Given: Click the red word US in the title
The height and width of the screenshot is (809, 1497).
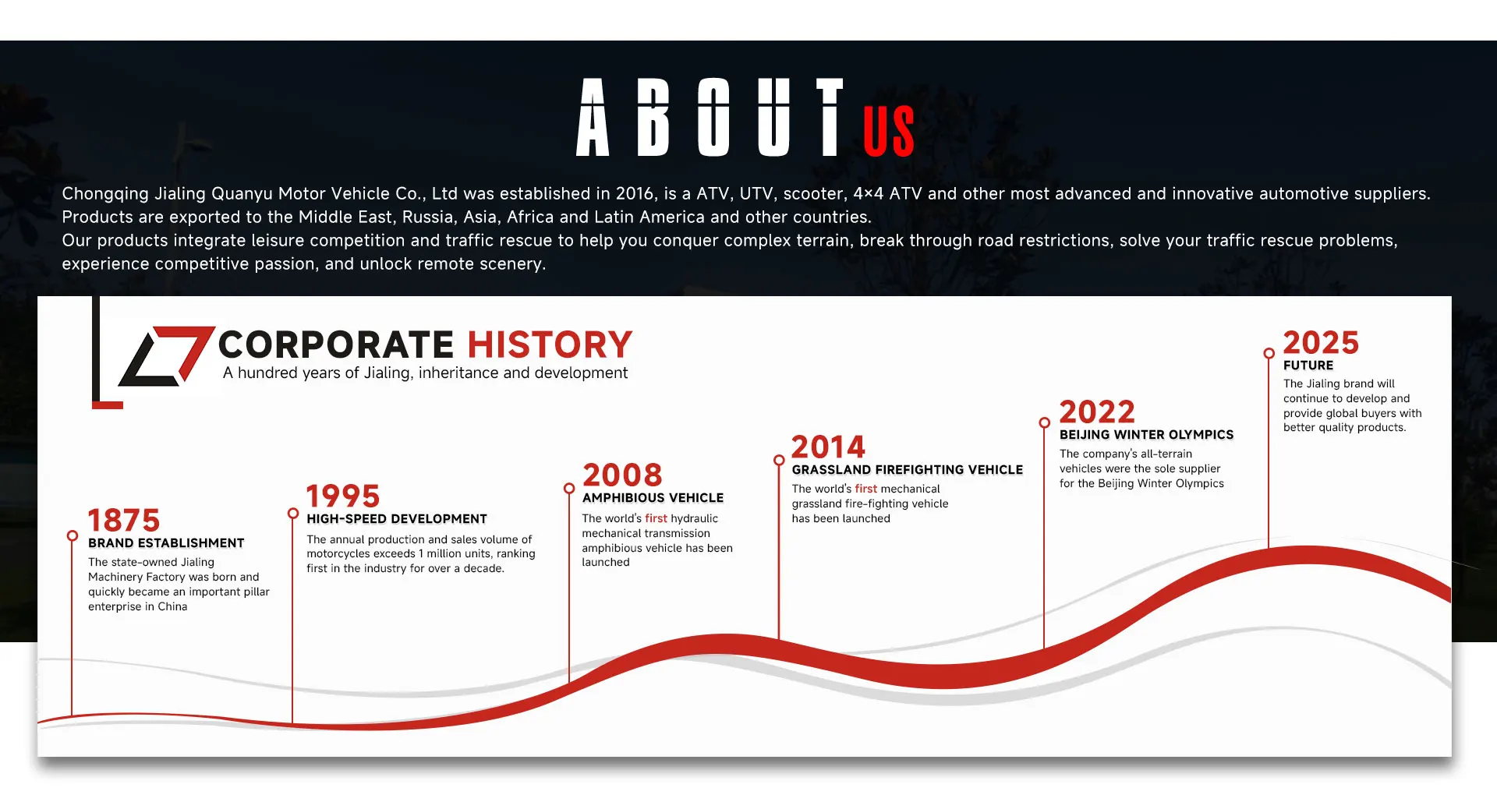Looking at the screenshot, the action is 889,132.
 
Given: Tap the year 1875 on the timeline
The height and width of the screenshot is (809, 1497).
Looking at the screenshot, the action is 124,520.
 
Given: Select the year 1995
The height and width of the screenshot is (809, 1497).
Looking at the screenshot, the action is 343,496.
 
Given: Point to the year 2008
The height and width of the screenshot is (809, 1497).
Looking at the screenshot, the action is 622,475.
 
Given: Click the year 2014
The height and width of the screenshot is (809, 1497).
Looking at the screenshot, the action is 828,447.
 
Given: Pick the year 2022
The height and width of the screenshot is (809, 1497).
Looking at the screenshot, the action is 1097,412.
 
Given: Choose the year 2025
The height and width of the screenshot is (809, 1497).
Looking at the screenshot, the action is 1321,342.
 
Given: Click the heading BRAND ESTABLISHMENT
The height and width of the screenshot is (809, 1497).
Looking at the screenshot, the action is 166,543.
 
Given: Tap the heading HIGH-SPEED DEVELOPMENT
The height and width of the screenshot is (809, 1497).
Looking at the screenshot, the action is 397,519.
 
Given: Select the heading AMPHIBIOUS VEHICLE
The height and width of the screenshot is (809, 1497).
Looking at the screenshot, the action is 653,498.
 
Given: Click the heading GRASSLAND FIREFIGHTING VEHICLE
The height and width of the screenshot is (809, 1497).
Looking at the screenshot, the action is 908,470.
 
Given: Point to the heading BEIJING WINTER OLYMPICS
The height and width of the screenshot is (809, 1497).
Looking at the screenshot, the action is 1147,435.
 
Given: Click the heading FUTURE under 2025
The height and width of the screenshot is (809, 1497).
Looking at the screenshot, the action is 1308,366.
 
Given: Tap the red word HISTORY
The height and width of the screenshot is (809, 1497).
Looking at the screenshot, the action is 550,344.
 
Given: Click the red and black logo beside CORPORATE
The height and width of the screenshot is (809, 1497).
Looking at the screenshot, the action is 166,356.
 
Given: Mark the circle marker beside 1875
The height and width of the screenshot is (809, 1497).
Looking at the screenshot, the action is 73,535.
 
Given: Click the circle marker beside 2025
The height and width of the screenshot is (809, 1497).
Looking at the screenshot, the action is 1269,353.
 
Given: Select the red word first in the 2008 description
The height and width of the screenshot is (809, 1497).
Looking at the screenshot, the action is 656,518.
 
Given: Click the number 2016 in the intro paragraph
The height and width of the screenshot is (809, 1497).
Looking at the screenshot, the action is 635,193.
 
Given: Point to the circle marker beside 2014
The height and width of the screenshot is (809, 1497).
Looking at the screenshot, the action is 779,461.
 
